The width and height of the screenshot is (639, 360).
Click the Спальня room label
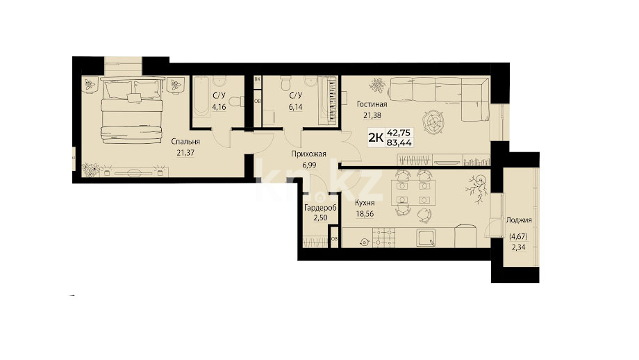coord(185,142)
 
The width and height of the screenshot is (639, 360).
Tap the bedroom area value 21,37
coord(185,153)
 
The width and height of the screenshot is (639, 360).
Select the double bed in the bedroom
coord(132,111)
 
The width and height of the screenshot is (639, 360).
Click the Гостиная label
coord(372,104)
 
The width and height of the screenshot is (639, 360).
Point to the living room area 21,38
coord(372,115)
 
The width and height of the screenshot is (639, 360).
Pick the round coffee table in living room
coord(433,121)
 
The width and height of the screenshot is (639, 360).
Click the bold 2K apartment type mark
coord(376,138)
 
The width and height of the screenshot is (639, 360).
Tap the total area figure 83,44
coord(399,142)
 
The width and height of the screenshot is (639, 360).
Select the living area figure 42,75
coord(399,133)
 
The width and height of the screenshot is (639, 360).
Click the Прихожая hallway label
coord(308,154)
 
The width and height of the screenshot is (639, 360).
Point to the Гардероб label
coord(321,208)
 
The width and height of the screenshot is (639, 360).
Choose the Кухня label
coord(365,203)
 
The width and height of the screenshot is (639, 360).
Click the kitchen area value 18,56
coord(365,213)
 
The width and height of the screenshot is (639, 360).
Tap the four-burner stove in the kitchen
coord(385,237)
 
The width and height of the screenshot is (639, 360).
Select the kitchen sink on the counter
coord(426,237)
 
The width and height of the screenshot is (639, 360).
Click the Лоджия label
coord(519,220)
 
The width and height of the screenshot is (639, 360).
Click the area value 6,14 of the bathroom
coord(296,107)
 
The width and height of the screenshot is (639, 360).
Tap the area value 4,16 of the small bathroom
coord(219,107)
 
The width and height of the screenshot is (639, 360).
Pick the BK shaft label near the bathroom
coord(257,79)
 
